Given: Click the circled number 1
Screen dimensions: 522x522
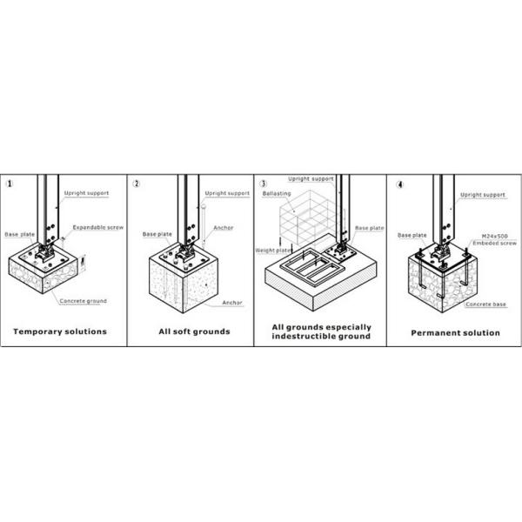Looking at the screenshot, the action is (10, 184).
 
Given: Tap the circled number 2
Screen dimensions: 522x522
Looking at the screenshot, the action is (137, 184).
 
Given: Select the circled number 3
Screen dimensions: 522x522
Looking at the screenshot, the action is (264, 184).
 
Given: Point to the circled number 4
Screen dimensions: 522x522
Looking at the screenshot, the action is (400, 184).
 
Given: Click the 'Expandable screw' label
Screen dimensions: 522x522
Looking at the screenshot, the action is (97, 227).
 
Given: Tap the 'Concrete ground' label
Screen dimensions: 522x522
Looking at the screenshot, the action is (84, 301).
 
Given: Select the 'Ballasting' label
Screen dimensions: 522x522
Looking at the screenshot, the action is (277, 193).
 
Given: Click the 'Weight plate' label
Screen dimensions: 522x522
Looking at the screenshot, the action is (273, 251).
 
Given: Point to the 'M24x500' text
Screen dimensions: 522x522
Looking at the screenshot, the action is (495, 237).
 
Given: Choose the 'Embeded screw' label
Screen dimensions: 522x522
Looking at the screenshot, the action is (495, 243).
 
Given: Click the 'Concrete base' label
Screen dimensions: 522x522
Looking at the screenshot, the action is (485, 304).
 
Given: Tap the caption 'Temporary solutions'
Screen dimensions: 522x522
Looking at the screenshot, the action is (60, 331).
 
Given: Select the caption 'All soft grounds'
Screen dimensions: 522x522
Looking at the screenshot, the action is (194, 331).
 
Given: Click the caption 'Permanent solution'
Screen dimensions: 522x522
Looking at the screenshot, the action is (455, 333).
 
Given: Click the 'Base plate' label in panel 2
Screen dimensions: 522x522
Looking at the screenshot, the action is (157, 234).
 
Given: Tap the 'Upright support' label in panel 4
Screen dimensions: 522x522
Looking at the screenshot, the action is (483, 195).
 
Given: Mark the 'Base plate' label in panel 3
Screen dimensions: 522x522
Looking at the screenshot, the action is (370, 228).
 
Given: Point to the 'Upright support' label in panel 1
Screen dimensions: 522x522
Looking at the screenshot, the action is (86, 193).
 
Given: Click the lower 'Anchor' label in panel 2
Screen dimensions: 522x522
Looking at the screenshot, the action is (232, 303).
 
